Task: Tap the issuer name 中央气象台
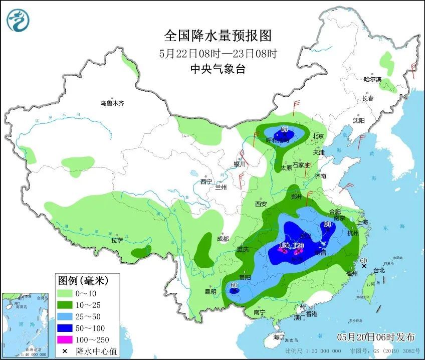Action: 218,69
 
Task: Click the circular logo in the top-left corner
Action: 18,21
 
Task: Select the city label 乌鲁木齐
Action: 111,103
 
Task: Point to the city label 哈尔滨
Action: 372,79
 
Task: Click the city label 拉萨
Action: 117,240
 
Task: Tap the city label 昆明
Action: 210,292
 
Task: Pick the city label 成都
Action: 223,239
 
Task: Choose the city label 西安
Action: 261,204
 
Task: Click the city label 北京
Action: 318,136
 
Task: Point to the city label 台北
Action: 379,270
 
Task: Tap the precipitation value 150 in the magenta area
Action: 284,246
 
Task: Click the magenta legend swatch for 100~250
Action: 65,340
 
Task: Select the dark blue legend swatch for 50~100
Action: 65,328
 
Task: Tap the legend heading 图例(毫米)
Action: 83,279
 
